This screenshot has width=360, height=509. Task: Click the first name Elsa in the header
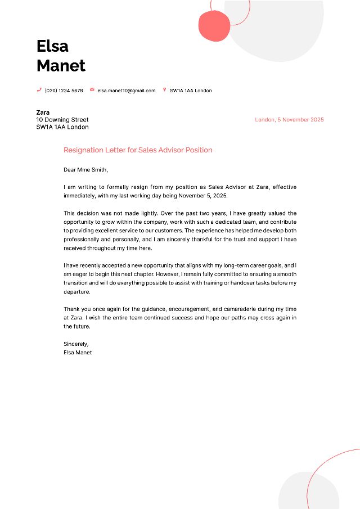(x=52, y=46)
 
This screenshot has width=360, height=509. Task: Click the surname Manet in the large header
(x=61, y=66)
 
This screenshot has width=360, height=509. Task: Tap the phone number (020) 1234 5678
(x=64, y=91)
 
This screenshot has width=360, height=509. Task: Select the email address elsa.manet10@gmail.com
(x=126, y=91)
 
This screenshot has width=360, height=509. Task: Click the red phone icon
(x=39, y=90)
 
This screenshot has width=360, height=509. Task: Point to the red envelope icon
(x=92, y=90)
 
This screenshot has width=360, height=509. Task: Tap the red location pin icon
(x=164, y=90)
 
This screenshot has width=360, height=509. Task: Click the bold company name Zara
(x=43, y=112)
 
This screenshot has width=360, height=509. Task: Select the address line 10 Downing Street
(x=62, y=120)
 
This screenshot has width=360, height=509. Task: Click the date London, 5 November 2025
(x=289, y=120)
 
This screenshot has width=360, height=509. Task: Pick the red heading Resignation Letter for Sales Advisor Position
(x=138, y=150)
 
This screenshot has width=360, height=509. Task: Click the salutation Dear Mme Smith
(x=85, y=170)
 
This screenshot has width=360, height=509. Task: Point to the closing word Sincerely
(x=76, y=344)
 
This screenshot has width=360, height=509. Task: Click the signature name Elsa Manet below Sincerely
(x=78, y=353)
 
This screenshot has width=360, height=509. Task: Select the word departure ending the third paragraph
(x=76, y=292)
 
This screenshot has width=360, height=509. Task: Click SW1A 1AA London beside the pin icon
(x=191, y=91)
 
